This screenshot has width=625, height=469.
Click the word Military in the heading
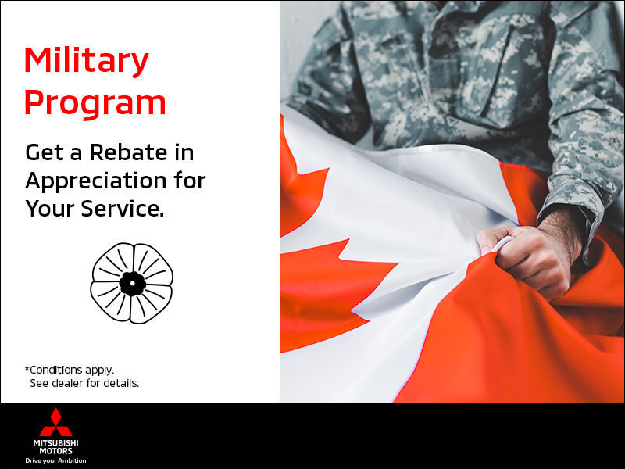pyautogui.click(x=86, y=62)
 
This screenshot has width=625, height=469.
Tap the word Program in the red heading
pyautogui.click(x=95, y=102)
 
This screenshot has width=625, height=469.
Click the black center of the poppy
pyautogui.click(x=132, y=282)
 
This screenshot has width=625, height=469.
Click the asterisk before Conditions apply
pyautogui.click(x=27, y=368)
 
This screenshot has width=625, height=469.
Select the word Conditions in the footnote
pyautogui.click(x=59, y=369)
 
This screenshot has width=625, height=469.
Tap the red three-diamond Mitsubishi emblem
pyautogui.click(x=55, y=423)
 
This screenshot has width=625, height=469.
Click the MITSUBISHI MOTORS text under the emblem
pyautogui.click(x=55, y=446)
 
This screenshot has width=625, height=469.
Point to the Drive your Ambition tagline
pyautogui.click(x=55, y=460)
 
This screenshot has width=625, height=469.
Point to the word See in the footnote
pyautogui.click(x=39, y=383)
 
